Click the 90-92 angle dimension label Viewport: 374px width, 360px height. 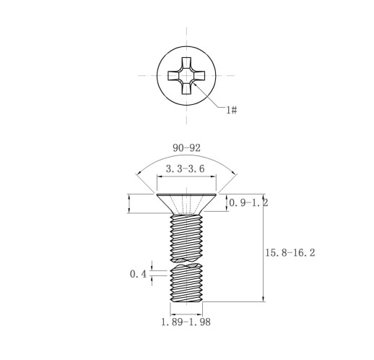click(x=186, y=148)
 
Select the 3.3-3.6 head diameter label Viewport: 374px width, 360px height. click(x=186, y=168)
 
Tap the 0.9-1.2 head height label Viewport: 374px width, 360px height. click(x=248, y=203)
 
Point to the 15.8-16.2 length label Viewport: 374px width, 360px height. click(x=290, y=253)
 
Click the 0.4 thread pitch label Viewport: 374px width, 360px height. click(x=138, y=274)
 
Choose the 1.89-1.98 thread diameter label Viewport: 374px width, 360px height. click(x=186, y=322)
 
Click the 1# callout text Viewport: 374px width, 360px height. click(x=232, y=110)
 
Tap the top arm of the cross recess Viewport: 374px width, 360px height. click(x=186, y=63)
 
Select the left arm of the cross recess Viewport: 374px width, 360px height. click(x=174, y=76)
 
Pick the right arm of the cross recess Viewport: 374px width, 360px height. click(x=199, y=76)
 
